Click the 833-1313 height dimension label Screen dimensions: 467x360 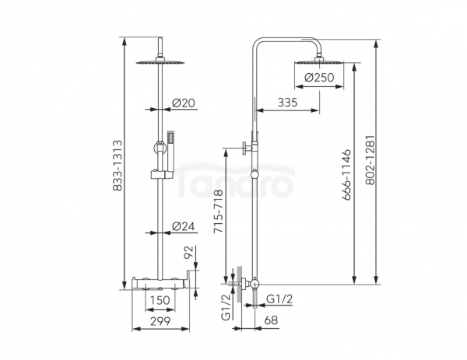tap(118, 166)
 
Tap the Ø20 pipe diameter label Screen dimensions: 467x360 tap(183, 103)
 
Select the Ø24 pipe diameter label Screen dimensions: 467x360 tap(183, 226)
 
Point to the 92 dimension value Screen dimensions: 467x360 tap(189, 252)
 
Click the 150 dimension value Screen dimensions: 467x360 tap(160, 300)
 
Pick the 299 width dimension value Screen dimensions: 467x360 tap(160, 321)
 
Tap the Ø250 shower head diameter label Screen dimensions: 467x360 tap(319, 77)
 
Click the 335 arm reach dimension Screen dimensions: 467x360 tap(287, 103)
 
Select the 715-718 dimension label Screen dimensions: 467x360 tap(218, 211)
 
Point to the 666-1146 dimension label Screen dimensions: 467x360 tap(346, 175)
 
